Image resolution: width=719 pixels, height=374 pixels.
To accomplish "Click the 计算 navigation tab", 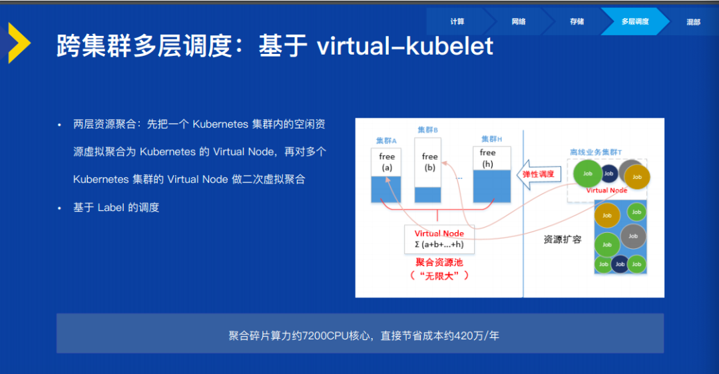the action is pyautogui.click(x=457, y=21).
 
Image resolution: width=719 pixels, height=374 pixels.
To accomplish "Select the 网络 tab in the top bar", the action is pyautogui.click(x=519, y=21).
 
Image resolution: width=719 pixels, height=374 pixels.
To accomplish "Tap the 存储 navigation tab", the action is pyautogui.click(x=577, y=21).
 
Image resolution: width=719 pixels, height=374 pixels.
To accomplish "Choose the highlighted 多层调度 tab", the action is pyautogui.click(x=635, y=21).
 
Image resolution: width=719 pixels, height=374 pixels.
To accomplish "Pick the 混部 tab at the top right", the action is pyautogui.click(x=693, y=21).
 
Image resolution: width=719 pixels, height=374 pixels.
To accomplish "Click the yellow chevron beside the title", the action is pyautogui.click(x=19, y=43).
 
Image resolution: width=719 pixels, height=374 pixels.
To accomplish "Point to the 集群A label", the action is pyautogui.click(x=386, y=140).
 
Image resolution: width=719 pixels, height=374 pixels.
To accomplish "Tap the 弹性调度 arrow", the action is pyautogui.click(x=539, y=174).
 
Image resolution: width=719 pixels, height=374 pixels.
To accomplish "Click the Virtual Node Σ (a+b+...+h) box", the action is pyautogui.click(x=439, y=239).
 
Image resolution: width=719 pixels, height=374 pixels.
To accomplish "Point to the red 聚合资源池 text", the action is pyautogui.click(x=439, y=263).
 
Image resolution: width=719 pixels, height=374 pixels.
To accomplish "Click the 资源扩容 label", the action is pyautogui.click(x=563, y=240).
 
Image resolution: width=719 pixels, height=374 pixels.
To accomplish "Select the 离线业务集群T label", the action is pyautogui.click(x=596, y=152).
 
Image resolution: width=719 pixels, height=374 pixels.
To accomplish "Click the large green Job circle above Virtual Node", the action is pyautogui.click(x=587, y=173).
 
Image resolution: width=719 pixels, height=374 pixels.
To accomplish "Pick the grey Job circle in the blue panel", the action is pyautogui.click(x=633, y=236).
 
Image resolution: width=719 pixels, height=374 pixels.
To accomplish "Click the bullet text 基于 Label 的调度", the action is pyautogui.click(x=116, y=208).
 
